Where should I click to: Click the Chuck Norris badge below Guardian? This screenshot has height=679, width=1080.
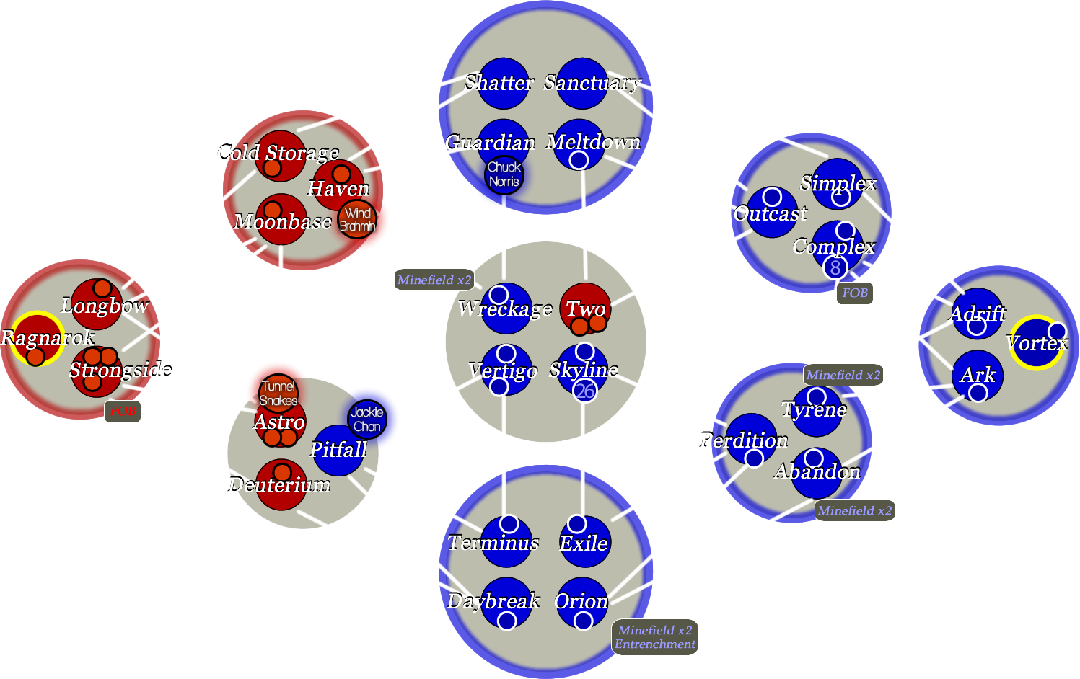(x=504, y=174)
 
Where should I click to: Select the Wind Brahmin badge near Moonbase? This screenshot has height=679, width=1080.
(x=357, y=219)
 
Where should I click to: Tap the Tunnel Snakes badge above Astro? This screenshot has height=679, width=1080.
(x=278, y=394)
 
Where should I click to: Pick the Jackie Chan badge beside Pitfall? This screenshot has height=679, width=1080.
(x=367, y=419)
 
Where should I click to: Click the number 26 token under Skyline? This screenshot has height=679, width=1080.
(x=585, y=391)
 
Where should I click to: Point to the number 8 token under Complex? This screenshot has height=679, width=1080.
(x=835, y=267)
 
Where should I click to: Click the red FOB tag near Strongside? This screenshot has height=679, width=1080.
(x=123, y=411)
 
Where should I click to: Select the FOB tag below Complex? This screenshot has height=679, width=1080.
(x=855, y=293)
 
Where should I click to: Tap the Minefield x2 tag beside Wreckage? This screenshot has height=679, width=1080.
(x=434, y=280)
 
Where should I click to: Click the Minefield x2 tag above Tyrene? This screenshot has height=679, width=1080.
(x=843, y=375)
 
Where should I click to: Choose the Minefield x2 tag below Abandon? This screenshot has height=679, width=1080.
(x=855, y=510)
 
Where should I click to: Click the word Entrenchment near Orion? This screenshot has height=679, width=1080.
(x=655, y=644)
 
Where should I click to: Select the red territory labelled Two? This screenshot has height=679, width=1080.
(x=585, y=309)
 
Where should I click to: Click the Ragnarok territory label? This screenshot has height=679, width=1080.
(x=48, y=337)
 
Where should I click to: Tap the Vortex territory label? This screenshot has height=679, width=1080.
(x=1037, y=343)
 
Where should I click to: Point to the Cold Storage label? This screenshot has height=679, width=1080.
(x=278, y=153)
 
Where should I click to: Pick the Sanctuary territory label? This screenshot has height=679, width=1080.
(x=592, y=83)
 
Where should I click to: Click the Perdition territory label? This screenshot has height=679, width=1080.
(x=744, y=440)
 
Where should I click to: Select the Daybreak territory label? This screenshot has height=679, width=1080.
(x=493, y=600)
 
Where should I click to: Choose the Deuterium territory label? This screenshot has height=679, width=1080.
(x=280, y=484)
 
